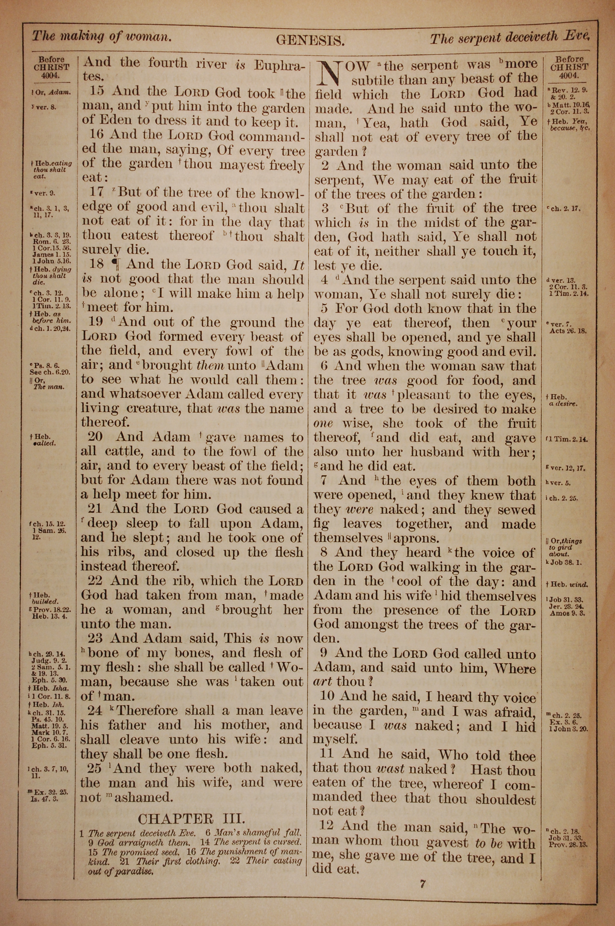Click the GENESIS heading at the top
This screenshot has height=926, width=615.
click(x=310, y=40)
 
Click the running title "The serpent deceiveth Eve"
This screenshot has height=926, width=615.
click(x=510, y=38)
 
